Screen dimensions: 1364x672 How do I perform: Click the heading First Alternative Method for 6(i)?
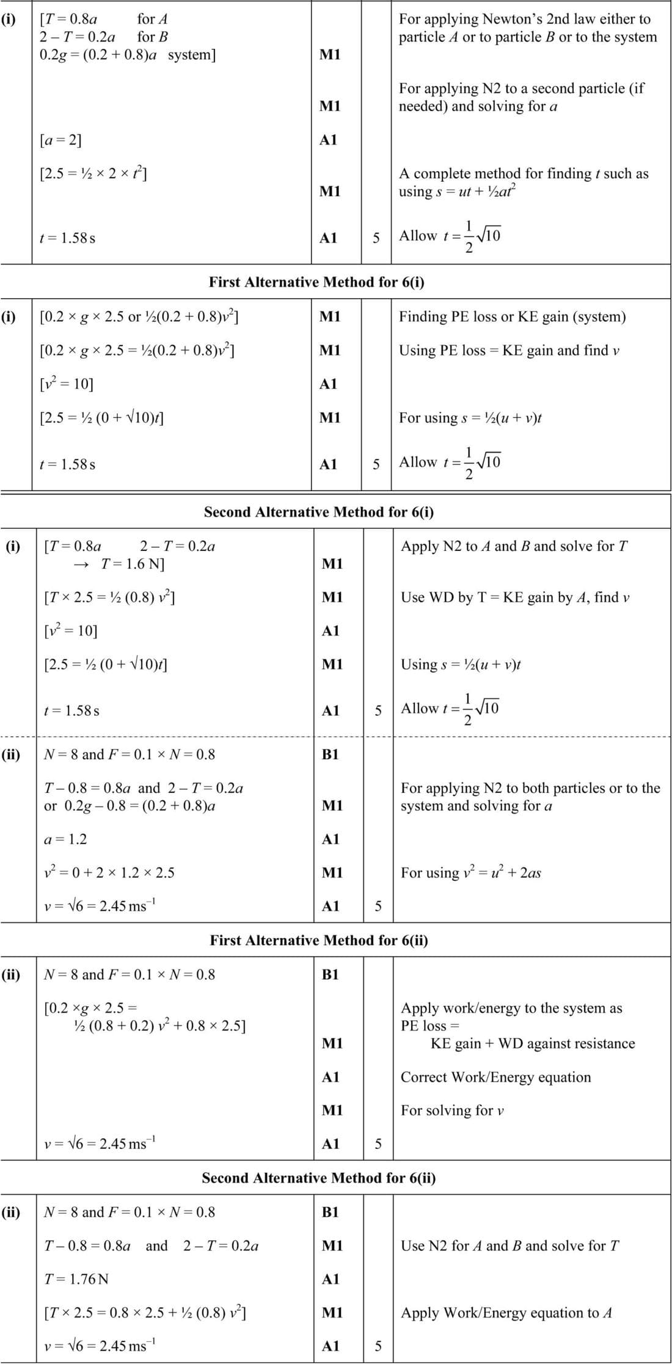(x=316, y=282)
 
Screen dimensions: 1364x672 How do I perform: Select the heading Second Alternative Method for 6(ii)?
(x=319, y=1178)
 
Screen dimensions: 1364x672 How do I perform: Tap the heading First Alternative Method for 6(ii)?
(x=319, y=940)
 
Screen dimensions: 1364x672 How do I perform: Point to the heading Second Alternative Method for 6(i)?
(x=319, y=512)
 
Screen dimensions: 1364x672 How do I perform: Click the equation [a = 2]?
(x=60, y=140)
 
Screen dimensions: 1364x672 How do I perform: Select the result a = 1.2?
(x=65, y=839)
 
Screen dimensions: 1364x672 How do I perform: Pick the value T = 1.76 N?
(x=76, y=1278)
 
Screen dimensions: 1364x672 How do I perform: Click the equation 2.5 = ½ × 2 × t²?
(x=93, y=174)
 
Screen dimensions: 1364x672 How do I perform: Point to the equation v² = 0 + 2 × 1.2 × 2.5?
(x=109, y=873)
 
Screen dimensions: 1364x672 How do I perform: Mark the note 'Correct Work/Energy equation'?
(x=495, y=1077)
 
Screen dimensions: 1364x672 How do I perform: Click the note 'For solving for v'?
(x=452, y=1111)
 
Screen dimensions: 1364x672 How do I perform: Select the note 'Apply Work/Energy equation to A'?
(x=506, y=1313)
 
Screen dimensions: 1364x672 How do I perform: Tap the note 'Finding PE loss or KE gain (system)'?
(x=512, y=316)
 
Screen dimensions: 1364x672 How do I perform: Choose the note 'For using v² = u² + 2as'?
(x=470, y=873)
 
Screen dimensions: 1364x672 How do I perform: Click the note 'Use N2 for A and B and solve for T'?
(x=509, y=1245)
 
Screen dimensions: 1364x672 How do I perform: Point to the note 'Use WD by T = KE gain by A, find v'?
(x=515, y=597)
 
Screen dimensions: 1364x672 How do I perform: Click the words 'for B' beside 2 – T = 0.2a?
(x=152, y=37)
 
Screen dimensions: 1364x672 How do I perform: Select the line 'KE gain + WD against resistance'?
(x=533, y=1043)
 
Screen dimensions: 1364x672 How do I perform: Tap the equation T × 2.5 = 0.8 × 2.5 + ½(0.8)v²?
(x=145, y=1313)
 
